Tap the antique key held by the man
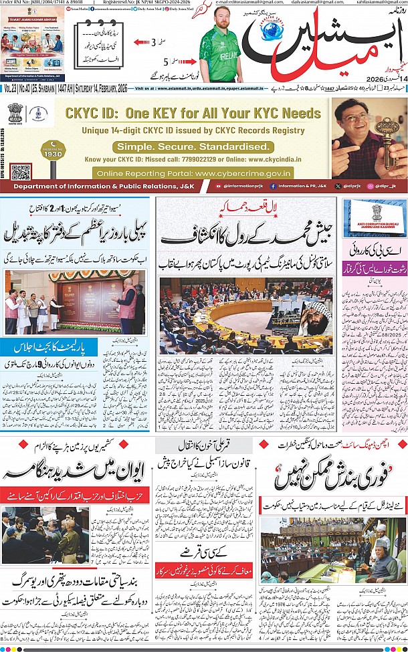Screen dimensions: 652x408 [386, 134]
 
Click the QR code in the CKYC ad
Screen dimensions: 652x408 [21, 171]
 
